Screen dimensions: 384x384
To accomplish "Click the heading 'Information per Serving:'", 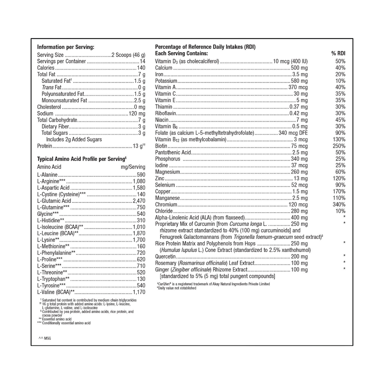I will (x=65, y=47).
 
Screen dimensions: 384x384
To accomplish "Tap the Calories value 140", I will (x=141, y=68).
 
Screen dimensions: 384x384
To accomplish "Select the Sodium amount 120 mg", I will (x=137, y=114).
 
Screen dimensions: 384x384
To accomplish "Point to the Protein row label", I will (x=44, y=146).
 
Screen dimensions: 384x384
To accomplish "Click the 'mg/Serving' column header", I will (x=133, y=167).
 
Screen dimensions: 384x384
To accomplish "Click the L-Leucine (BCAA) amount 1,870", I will (x=139, y=233).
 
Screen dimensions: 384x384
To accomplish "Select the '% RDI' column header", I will (x=338, y=54).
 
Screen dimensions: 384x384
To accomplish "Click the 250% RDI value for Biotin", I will (x=339, y=146).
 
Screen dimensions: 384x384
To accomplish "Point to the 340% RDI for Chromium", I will (x=339, y=204).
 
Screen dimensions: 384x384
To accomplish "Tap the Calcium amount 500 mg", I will (x=299, y=68).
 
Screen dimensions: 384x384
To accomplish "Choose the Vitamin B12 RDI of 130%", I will (x=339, y=139).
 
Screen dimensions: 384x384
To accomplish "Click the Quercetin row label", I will (x=165, y=256).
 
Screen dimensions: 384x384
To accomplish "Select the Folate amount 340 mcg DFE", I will (x=293, y=133).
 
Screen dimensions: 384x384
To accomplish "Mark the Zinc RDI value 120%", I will (x=339, y=178).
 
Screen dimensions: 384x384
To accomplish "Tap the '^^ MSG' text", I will (x=45, y=338).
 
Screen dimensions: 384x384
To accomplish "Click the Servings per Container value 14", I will (x=142, y=61).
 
